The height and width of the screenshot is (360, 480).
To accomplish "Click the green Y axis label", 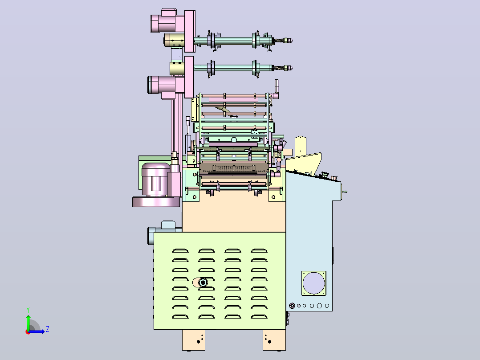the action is click(x=28, y=310).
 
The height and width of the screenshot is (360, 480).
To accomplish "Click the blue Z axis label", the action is click(x=48, y=329).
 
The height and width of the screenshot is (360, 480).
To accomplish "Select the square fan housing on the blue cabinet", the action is click(x=314, y=283).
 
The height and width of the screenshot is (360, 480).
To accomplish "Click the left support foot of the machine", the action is click(x=194, y=340).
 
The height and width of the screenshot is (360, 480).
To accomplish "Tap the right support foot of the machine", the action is click(x=274, y=340).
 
